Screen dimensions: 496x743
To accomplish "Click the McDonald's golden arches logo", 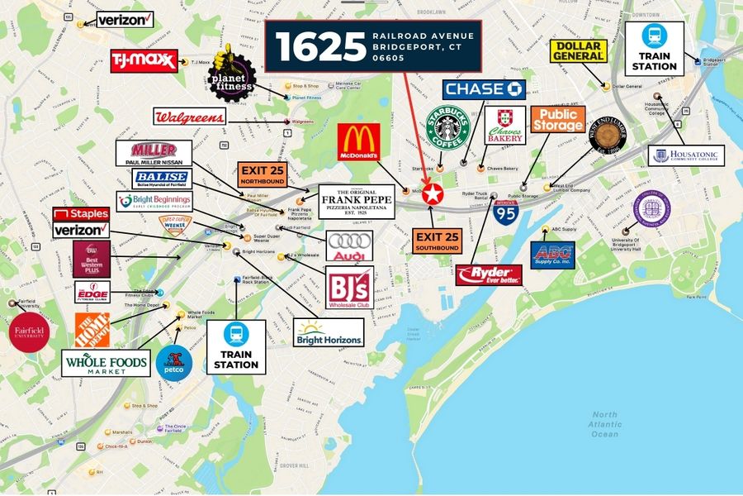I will click(x=359, y=142).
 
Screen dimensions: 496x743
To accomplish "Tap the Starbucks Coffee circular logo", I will click(x=447, y=128).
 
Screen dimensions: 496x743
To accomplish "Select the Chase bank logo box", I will click(x=484, y=88).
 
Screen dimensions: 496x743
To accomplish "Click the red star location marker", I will click(x=432, y=195).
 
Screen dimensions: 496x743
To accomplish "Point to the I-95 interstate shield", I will click(x=506, y=212).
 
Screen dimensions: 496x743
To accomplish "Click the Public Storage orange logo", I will click(x=557, y=120).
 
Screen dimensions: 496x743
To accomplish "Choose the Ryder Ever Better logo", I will click(x=488, y=275).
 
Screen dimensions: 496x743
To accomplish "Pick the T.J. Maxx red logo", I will click(x=144, y=61).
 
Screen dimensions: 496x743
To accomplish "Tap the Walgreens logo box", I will click(x=189, y=117).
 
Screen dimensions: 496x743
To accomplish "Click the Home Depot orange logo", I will click(x=92, y=329).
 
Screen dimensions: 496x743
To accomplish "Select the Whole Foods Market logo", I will click(x=106, y=364).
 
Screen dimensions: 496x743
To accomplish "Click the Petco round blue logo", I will click(x=174, y=363).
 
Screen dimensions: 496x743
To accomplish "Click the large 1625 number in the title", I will click(x=320, y=46).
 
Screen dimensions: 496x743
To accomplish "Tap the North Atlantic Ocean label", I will click(x=604, y=424).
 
